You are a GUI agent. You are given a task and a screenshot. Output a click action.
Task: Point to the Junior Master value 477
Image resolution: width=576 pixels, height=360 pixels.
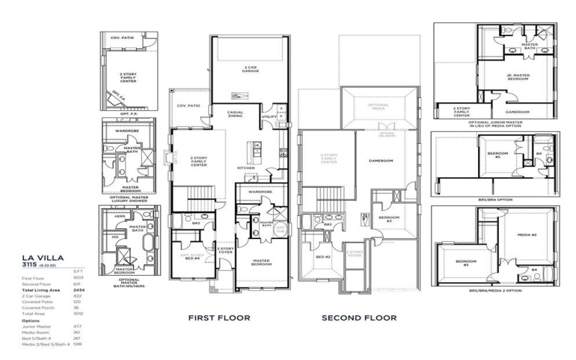click(x=76, y=326)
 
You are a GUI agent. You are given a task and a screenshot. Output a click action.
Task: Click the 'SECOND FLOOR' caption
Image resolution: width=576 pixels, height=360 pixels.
click(x=358, y=318)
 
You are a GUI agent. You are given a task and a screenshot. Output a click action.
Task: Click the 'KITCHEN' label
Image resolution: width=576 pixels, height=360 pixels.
click(x=246, y=168)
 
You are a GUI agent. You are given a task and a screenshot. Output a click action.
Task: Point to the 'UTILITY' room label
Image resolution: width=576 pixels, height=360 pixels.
click(x=268, y=116)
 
